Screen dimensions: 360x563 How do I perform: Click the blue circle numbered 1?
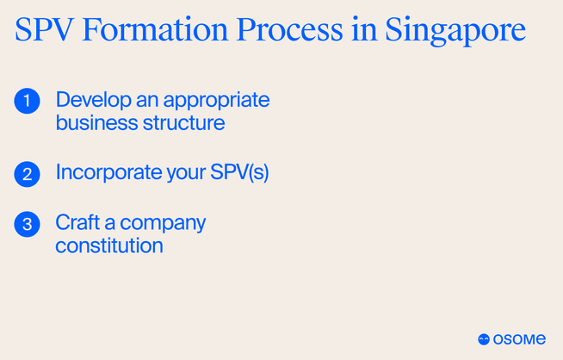(x=28, y=101)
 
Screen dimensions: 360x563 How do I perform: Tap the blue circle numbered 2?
(x=28, y=174)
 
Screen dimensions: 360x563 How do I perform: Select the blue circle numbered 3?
(x=28, y=224)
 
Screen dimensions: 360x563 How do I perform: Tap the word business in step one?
(x=92, y=123)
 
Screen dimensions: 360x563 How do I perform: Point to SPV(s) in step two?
(x=240, y=173)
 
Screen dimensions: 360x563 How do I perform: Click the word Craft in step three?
(x=74, y=222)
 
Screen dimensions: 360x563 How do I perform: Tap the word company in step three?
(x=164, y=224)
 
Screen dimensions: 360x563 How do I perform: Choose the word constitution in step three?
(x=109, y=245)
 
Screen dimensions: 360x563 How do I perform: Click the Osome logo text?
(x=520, y=339)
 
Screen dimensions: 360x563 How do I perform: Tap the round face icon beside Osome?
(x=484, y=339)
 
